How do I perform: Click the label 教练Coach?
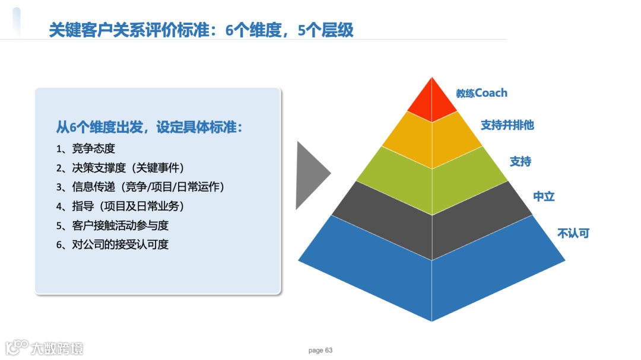coord(481,93)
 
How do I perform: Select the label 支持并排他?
coord(507,125)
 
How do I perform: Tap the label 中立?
coord(544,196)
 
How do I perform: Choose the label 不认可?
coord(573,233)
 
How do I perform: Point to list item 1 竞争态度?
coord(86,149)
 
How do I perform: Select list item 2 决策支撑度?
coord(120,168)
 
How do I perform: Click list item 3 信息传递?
coord(141,187)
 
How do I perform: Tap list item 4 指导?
coord(120,206)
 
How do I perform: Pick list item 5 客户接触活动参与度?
coord(112,225)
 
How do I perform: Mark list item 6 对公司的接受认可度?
coord(112,245)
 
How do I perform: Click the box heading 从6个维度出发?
coord(149,128)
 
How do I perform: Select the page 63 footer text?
coord(320,351)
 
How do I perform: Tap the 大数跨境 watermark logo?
coord(44,348)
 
